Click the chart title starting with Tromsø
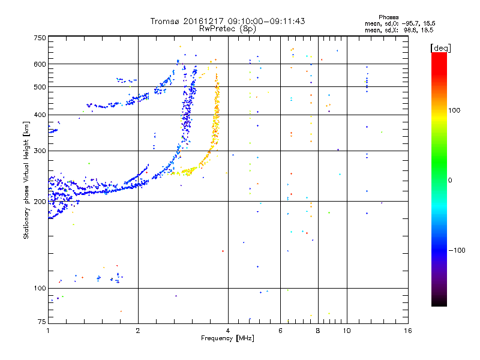pos(227,21)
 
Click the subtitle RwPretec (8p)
pos(227,28)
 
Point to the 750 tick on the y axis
pos(40,37)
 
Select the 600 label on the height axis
pos(40,64)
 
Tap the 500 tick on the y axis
pos(40,86)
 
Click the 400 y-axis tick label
pos(40,115)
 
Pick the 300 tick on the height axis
pos(40,151)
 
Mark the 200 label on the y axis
pos(40,202)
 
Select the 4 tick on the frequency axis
pos(228,331)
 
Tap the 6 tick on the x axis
pos(280,331)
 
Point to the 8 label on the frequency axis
pos(318,331)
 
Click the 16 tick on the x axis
pos(407,331)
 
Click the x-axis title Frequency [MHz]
pos(227,339)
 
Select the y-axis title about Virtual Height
pos(26,180)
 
